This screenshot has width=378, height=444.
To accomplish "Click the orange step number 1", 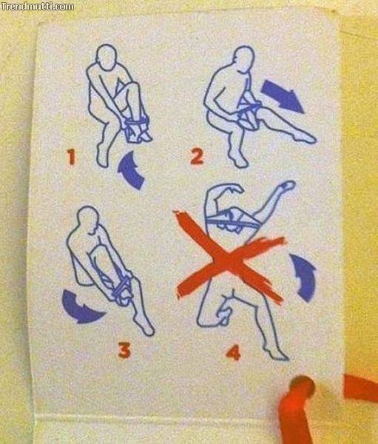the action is [71, 157].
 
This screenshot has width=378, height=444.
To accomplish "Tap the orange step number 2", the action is [197, 157].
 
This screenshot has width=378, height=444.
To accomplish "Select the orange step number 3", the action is [124, 350].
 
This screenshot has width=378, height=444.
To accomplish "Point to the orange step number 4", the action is [234, 353].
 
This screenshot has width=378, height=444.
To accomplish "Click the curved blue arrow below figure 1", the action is [130, 170].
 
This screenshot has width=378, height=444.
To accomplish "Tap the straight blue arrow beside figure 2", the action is [283, 96].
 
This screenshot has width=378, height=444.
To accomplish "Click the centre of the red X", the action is [228, 265].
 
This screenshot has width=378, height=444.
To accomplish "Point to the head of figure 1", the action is [107, 56].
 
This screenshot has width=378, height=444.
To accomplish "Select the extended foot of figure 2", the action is [306, 138].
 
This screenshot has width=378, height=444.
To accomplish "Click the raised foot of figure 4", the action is [286, 186].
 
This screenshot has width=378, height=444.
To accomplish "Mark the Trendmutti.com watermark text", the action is [38, 6].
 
